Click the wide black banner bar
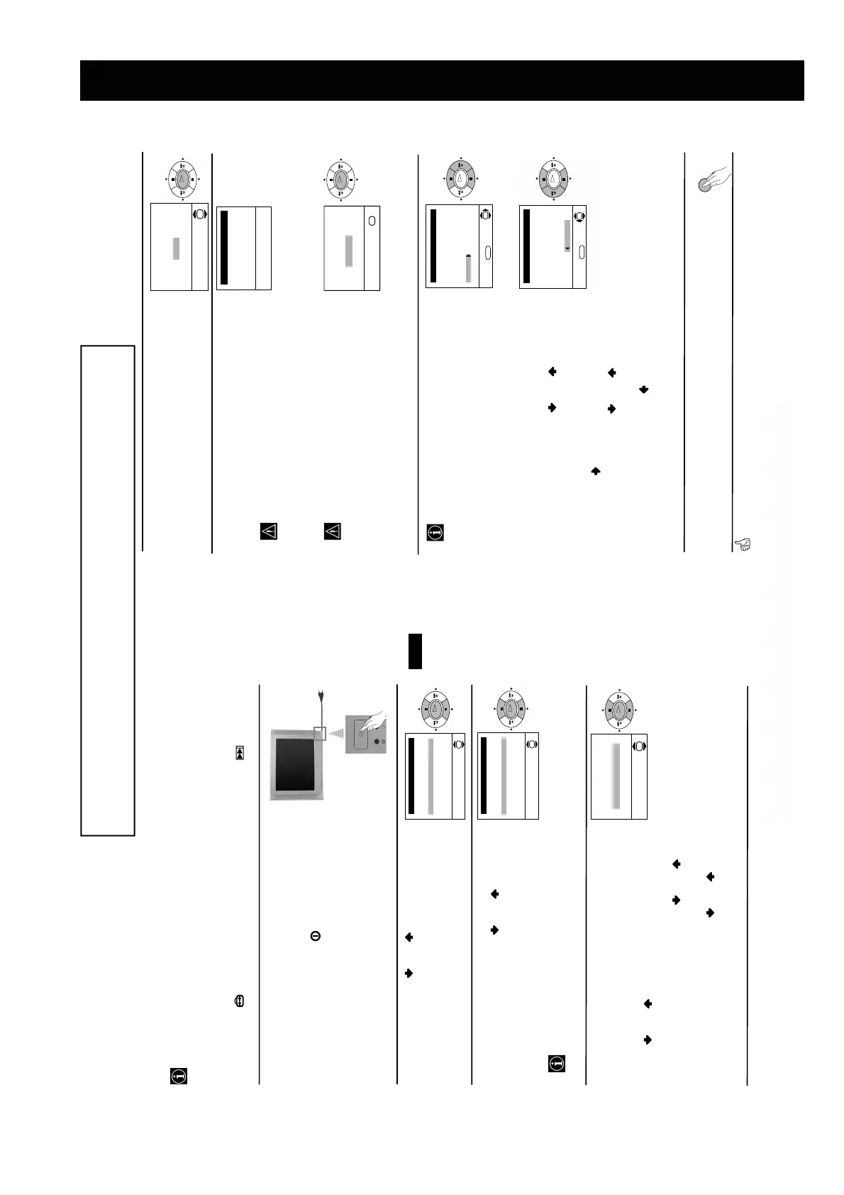coord(441,80)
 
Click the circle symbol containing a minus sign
coord(316,936)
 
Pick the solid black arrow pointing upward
coord(596,470)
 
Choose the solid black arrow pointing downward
coord(644,389)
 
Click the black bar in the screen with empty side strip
coord(224,247)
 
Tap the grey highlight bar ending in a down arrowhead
coord(567,236)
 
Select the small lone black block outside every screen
coord(416,651)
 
